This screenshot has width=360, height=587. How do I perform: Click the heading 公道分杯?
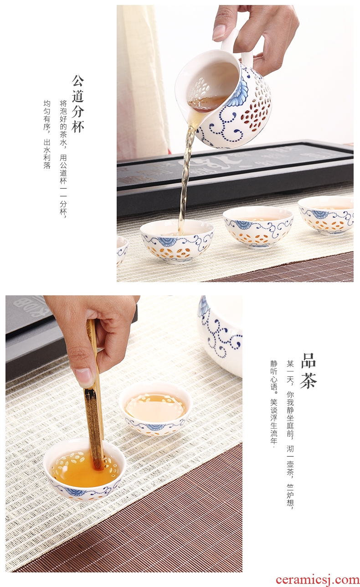point(78,103)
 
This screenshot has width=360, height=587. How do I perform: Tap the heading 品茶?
point(309,370)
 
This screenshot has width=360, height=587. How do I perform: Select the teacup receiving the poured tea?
point(177,242)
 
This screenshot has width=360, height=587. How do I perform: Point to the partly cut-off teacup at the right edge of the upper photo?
point(326,215)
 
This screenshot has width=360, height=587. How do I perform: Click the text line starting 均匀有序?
point(47,135)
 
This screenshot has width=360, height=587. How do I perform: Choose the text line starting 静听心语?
point(274,402)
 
